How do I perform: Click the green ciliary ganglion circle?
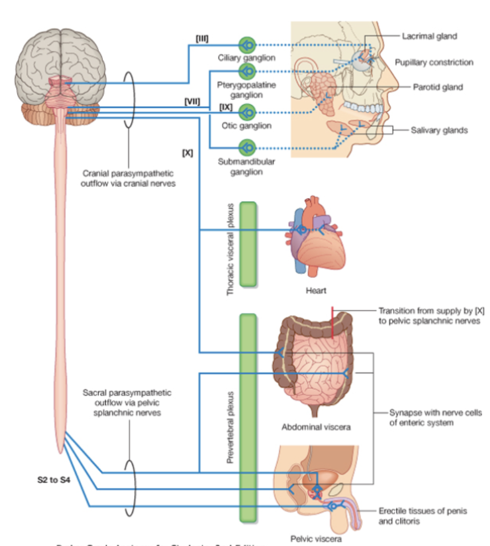click(247, 45)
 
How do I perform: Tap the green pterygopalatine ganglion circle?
click(247, 71)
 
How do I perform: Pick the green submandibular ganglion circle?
click(247, 148)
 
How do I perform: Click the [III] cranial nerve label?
click(202, 37)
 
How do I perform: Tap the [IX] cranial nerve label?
click(225, 105)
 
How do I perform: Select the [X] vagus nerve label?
click(187, 152)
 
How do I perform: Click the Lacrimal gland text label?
click(429, 36)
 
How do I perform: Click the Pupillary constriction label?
click(434, 62)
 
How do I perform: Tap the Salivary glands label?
click(439, 130)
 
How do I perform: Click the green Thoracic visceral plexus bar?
click(248, 244)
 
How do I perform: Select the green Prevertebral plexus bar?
click(248, 418)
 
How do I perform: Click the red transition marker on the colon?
click(332, 322)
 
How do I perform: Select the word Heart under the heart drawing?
click(315, 290)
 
